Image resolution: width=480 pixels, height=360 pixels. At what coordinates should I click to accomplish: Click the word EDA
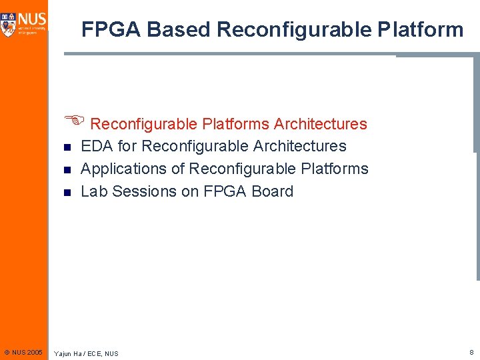click(x=97, y=146)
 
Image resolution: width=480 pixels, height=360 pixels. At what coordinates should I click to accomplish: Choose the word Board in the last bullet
click(x=272, y=191)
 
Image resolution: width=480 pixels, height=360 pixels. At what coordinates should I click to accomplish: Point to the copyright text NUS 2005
click(x=23, y=351)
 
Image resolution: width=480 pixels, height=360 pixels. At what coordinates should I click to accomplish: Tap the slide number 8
click(x=471, y=351)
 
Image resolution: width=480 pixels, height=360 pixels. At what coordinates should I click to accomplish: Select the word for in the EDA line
click(x=127, y=146)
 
